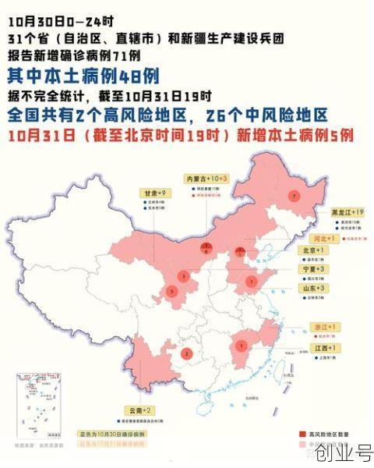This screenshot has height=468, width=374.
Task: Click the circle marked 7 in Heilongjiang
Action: (294, 197)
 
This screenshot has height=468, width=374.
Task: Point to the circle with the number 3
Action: (183, 275)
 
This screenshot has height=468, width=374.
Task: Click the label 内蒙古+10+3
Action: (205, 179)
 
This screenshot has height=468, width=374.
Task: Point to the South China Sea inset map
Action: (39, 406)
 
